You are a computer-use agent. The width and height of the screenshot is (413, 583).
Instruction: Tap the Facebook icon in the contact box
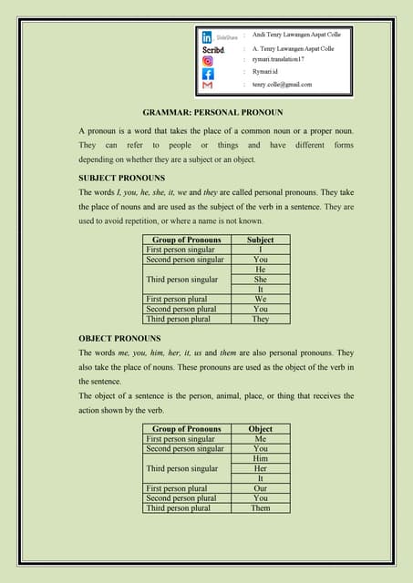208,73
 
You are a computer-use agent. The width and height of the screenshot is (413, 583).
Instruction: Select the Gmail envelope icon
208,85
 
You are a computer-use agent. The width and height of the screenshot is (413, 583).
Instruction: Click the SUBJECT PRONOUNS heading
121,178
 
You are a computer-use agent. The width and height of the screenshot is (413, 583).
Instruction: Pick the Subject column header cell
260,240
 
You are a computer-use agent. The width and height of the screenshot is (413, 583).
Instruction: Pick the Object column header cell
260,428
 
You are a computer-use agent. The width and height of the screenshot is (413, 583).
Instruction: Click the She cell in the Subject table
260,280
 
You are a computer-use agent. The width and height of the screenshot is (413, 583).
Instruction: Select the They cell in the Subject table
260,320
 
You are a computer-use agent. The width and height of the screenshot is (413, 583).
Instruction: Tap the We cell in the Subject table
260,300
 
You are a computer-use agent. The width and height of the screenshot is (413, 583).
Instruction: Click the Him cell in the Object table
260,458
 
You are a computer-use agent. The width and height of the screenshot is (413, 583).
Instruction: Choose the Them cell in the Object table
260,508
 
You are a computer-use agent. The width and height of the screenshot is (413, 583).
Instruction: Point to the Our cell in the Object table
260,488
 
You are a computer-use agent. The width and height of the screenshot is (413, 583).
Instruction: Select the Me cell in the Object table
260,438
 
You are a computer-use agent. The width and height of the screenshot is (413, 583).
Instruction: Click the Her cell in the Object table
260,468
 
